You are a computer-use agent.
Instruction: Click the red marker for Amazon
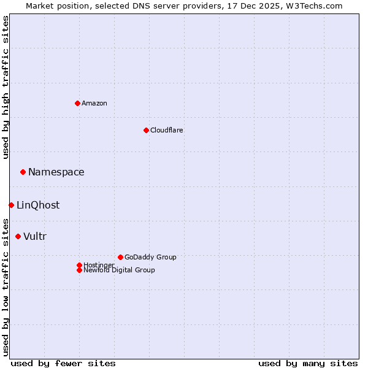point(77,103)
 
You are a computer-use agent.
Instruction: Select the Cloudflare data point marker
point(146,130)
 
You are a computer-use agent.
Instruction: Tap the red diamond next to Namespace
point(23,172)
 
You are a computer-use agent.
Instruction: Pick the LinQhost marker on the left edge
point(11,205)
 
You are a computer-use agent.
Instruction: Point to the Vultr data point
point(18,236)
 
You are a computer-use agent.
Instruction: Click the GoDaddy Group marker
point(120,257)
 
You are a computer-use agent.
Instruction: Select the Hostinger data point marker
point(79,265)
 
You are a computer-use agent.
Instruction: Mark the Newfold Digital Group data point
point(79,270)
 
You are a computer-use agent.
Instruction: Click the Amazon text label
point(94,103)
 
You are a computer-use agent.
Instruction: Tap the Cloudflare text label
point(166,130)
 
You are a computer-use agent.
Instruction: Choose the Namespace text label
point(56,172)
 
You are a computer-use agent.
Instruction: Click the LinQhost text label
point(38,205)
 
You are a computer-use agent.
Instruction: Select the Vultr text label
point(35,237)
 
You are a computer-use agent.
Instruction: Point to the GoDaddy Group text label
point(150,257)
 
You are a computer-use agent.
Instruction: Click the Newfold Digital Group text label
point(120,270)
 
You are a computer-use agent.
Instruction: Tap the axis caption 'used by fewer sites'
point(63,363)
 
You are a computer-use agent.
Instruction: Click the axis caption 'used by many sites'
point(308,363)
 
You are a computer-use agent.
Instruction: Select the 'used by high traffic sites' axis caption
point(6,87)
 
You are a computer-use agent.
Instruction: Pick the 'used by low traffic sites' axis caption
point(6,287)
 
